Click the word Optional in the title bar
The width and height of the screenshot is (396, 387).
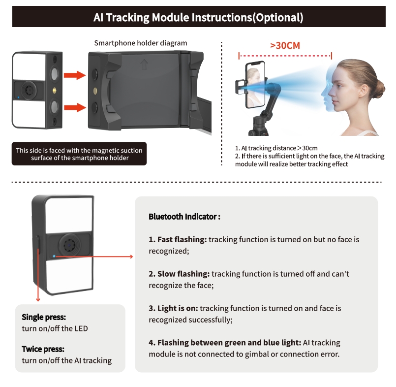[x=278, y=17]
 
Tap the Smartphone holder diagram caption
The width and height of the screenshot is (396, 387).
[x=141, y=43]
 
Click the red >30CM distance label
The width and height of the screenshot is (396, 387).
[x=285, y=45]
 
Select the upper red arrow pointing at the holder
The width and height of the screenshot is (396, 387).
[x=75, y=75]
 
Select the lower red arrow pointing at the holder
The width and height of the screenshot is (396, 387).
[x=75, y=107]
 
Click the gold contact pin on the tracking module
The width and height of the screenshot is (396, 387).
[x=54, y=90]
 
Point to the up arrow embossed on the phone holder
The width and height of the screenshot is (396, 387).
[x=144, y=64]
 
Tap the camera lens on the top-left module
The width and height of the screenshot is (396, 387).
[x=29, y=90]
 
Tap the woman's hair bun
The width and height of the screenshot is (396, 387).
[x=379, y=87]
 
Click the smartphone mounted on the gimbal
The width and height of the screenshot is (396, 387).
[x=255, y=84]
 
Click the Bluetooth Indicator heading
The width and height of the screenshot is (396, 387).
[x=184, y=217]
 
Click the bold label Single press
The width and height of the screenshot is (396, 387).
[x=44, y=317]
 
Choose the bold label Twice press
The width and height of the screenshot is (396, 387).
[x=43, y=349]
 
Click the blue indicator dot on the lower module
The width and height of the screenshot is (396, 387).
[x=54, y=256]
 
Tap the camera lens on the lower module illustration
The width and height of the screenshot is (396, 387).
[x=69, y=245]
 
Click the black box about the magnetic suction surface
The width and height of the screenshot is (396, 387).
[x=79, y=154]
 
